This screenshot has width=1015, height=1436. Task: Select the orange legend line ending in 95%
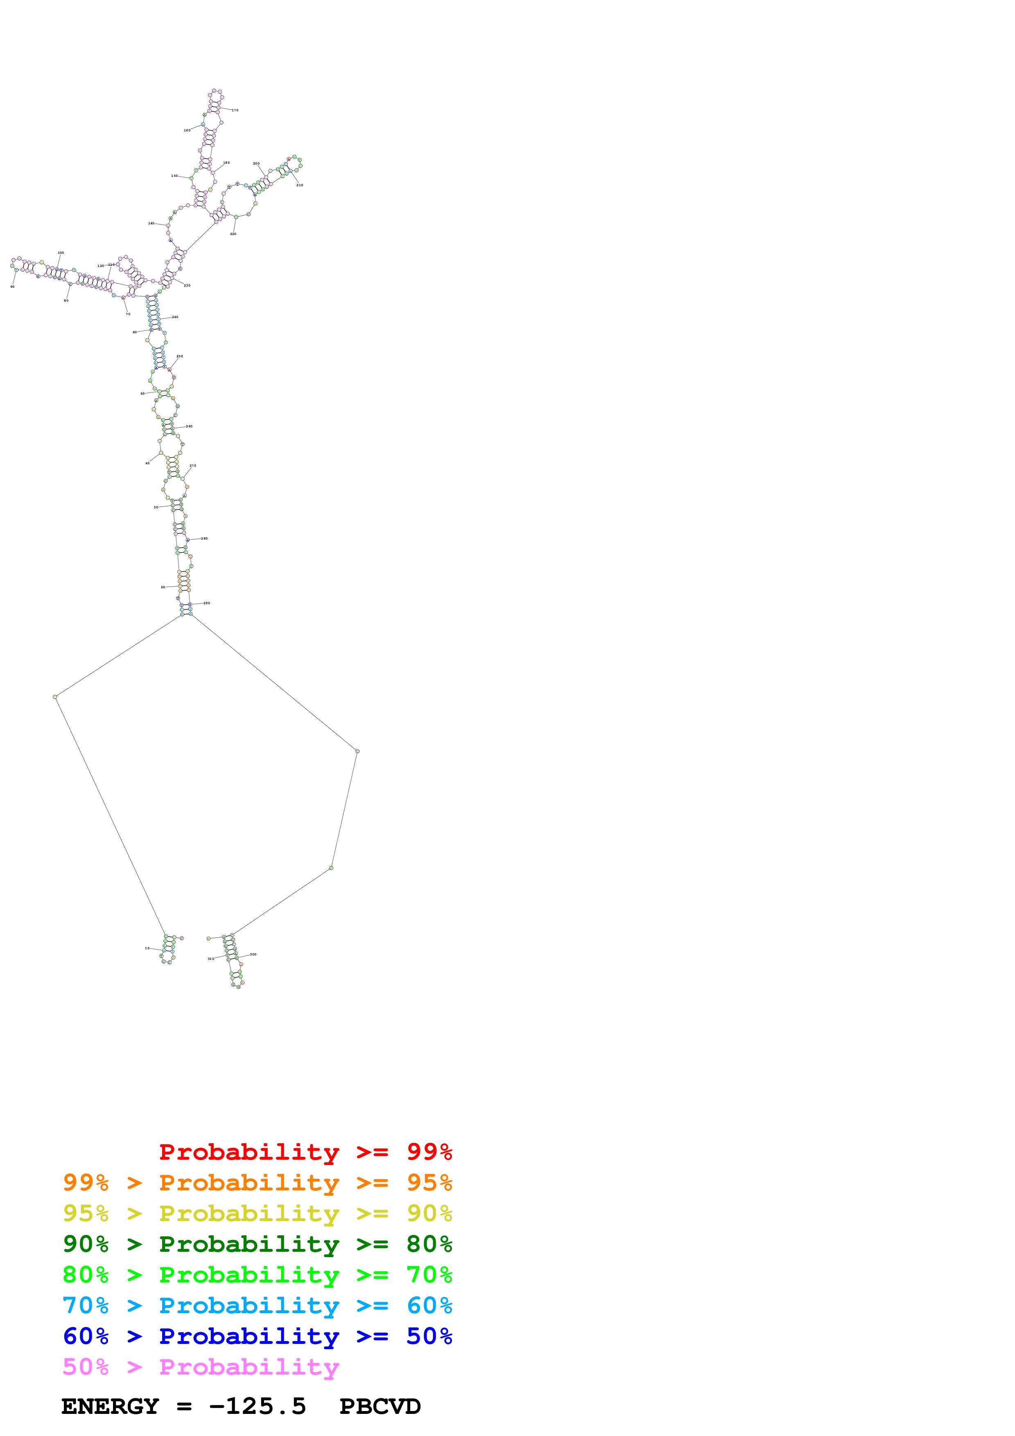click(257, 1183)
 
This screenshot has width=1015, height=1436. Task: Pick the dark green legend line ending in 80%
click(257, 1244)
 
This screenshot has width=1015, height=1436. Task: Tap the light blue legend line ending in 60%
click(257, 1305)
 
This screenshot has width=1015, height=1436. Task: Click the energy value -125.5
click(257, 1407)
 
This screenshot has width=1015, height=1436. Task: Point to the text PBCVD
click(380, 1407)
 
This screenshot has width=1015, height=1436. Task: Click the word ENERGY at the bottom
click(110, 1407)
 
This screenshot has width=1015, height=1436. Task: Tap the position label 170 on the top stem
click(235, 110)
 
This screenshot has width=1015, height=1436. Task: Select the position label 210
click(300, 185)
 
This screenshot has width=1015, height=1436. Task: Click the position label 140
click(151, 223)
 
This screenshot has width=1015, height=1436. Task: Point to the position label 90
click(13, 287)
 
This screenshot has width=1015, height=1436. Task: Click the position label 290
click(207, 603)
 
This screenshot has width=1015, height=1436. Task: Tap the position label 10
click(147, 948)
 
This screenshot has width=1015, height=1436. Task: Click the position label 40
click(147, 463)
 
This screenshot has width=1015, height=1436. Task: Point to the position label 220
click(233, 234)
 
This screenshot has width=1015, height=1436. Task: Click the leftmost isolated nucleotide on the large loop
click(55, 696)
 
